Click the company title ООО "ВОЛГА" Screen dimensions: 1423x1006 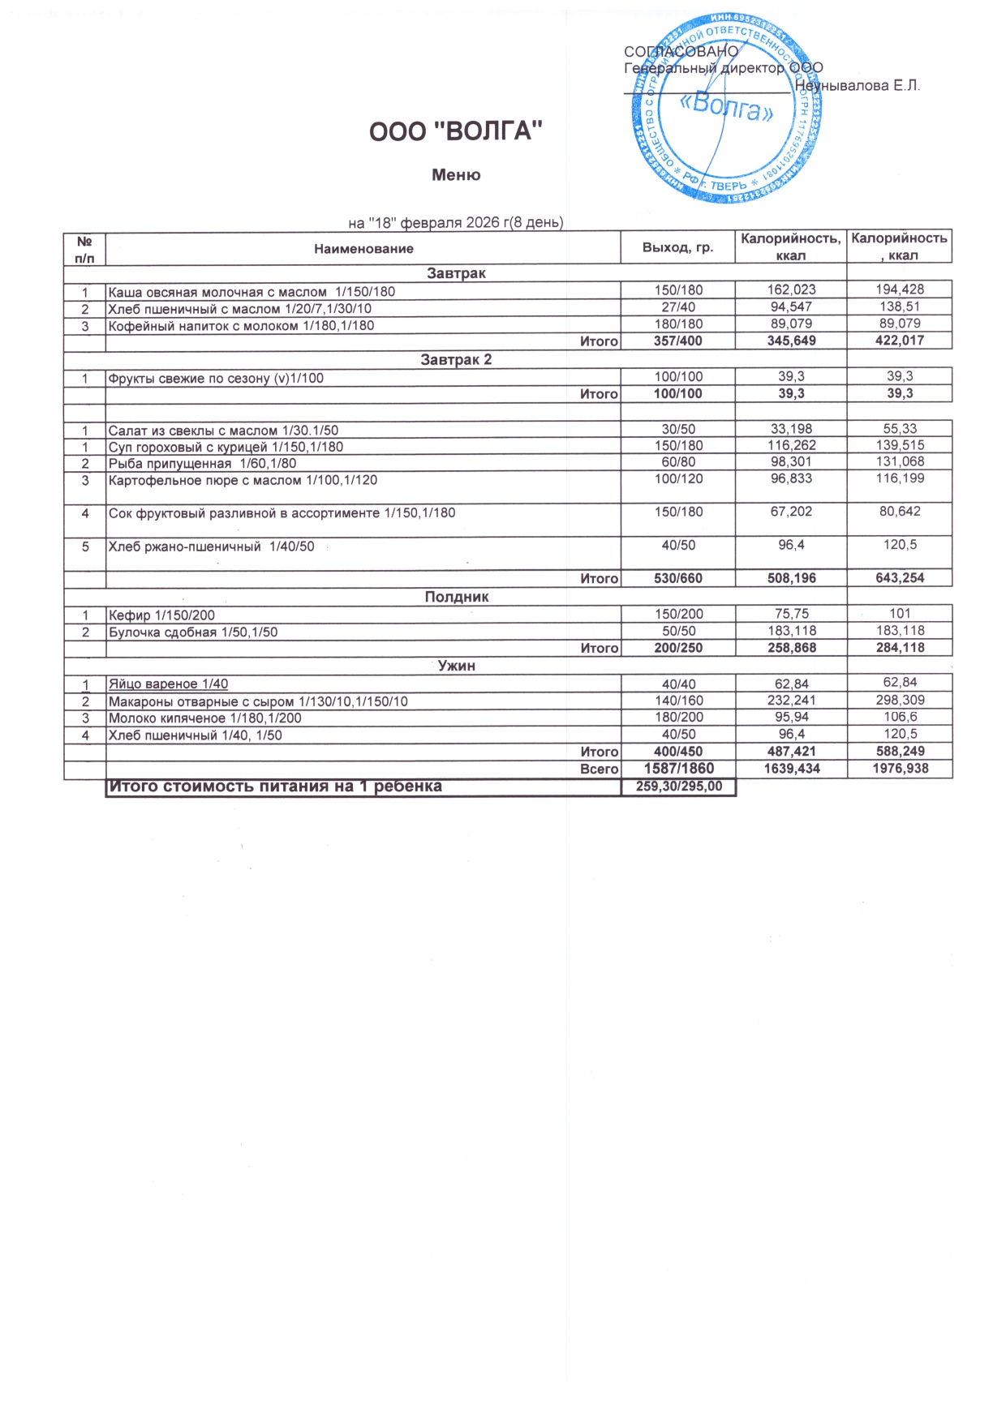pyautogui.click(x=455, y=131)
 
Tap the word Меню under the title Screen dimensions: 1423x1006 pyautogui.click(x=456, y=175)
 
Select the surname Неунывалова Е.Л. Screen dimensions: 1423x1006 pyautogui.click(x=857, y=86)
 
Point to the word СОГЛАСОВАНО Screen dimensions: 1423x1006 pyautogui.click(x=681, y=51)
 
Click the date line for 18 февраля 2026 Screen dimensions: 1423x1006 pyautogui.click(x=455, y=222)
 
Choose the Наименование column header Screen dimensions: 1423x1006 pyautogui.click(x=363, y=249)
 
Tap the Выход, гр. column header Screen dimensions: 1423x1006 pyautogui.click(x=677, y=247)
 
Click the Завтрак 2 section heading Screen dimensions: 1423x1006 pyautogui.click(x=456, y=359)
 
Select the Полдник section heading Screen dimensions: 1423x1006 pyautogui.click(x=456, y=597)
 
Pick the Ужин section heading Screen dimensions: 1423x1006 pyautogui.click(x=456, y=666)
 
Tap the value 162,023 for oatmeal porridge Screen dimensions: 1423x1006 pyautogui.click(x=791, y=289)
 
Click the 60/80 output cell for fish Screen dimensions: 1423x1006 pyautogui.click(x=678, y=462)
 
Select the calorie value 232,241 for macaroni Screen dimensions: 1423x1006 pyautogui.click(x=791, y=701)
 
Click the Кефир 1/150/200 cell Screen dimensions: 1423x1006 pyautogui.click(x=161, y=615)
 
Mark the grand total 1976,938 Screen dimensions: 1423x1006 pyautogui.click(x=900, y=768)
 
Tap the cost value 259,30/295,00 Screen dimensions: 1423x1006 pyautogui.click(x=678, y=787)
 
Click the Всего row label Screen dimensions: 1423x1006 pyautogui.click(x=599, y=769)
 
